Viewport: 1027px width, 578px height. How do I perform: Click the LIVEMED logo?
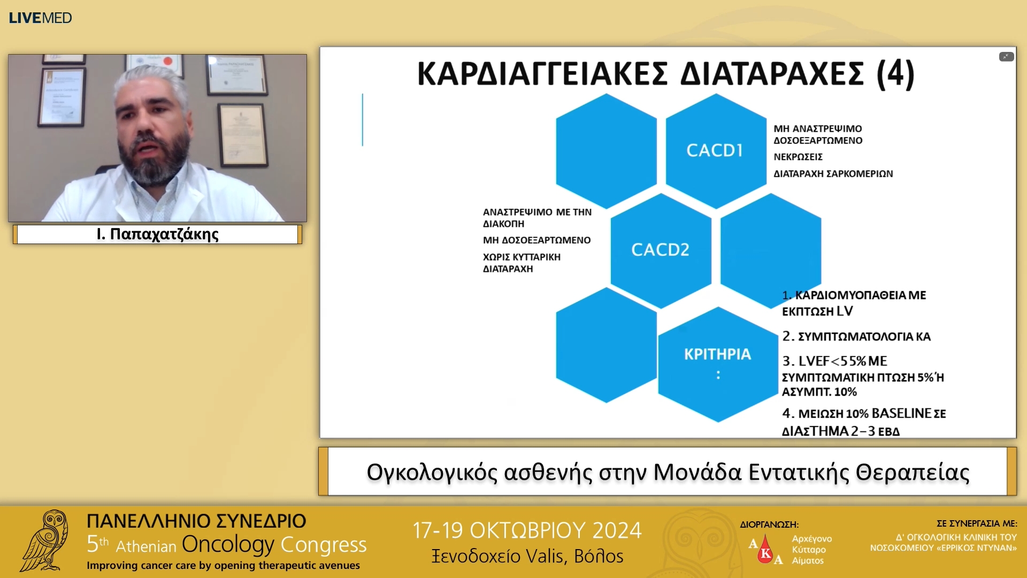pyautogui.click(x=40, y=18)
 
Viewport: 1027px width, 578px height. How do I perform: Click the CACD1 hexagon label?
pyautogui.click(x=715, y=150)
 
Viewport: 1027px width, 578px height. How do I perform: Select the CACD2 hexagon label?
pyautogui.click(x=660, y=249)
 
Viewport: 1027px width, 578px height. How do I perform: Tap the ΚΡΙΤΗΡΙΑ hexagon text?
pyautogui.click(x=717, y=354)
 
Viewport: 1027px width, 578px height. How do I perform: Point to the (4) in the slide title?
pyautogui.click(x=895, y=74)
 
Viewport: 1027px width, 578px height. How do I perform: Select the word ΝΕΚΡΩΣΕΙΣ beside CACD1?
pyautogui.click(x=798, y=157)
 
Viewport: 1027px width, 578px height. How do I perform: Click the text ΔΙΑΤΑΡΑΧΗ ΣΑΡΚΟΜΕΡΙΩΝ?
pyautogui.click(x=833, y=174)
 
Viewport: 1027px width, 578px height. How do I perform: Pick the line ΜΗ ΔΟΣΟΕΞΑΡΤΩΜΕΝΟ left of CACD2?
pyautogui.click(x=537, y=240)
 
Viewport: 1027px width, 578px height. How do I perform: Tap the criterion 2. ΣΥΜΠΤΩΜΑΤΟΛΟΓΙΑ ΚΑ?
pyautogui.click(x=856, y=337)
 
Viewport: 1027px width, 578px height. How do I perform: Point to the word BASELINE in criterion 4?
pyautogui.click(x=901, y=413)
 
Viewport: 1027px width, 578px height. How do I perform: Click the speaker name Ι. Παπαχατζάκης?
pyautogui.click(x=157, y=234)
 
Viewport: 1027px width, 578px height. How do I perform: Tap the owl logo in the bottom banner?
pyautogui.click(x=45, y=541)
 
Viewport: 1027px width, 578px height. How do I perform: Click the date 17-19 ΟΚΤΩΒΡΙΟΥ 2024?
pyautogui.click(x=526, y=530)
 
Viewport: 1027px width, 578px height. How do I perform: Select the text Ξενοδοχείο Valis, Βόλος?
pyautogui.click(x=527, y=557)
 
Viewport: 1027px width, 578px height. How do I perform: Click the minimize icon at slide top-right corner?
pyautogui.click(x=1006, y=57)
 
